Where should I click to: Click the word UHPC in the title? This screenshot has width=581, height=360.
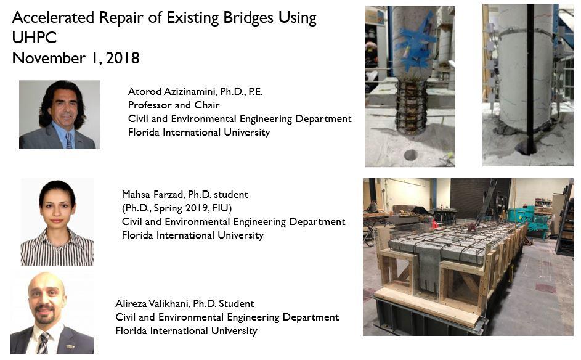point(35,38)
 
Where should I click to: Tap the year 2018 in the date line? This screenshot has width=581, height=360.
point(123,58)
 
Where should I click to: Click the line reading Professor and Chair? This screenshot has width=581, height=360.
point(174,105)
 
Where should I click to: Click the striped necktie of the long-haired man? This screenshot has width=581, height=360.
point(69,141)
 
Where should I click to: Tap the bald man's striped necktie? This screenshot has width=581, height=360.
point(43,343)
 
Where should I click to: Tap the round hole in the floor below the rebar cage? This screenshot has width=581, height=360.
point(410,155)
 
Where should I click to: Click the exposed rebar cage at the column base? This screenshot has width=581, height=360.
point(410,107)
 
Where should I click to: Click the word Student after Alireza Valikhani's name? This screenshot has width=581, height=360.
point(237,304)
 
